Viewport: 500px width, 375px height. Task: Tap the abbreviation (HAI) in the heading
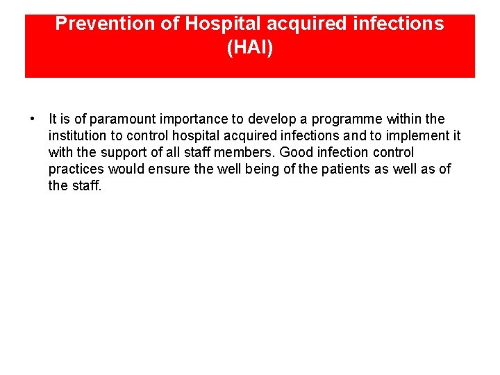click(250, 48)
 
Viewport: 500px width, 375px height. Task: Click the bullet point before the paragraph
click(33, 119)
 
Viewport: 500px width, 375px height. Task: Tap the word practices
click(75, 169)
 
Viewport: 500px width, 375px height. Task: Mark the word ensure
click(168, 169)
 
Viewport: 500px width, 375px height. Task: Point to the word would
click(125, 169)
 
